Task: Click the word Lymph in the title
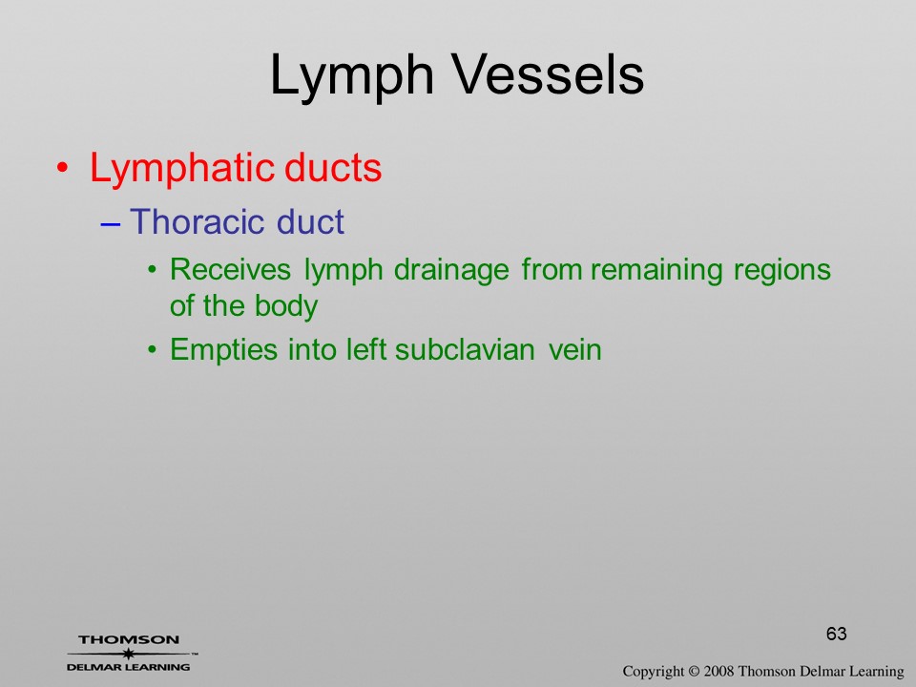[352, 76]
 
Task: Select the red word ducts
[333, 168]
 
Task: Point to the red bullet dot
[63, 169]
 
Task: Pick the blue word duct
[310, 221]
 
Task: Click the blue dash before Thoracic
[111, 223]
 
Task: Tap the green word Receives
[230, 270]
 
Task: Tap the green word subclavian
[465, 350]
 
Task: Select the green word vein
[574, 350]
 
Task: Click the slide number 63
[837, 634]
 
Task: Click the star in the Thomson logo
[129, 654]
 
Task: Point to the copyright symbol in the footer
[694, 672]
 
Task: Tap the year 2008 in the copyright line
[718, 672]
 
